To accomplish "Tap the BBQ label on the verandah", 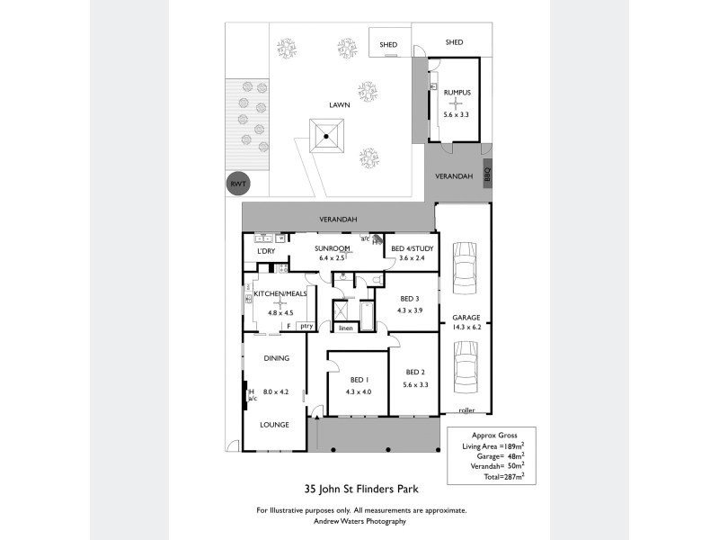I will point(488,175).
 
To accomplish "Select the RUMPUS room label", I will point(457,93).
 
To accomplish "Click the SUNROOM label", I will point(332,248).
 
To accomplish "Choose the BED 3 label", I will point(411,300).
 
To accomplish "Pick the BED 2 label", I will point(414,373).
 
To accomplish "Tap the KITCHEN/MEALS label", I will point(280,294).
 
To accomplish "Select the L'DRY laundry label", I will point(266,251).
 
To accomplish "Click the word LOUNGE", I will point(276,423).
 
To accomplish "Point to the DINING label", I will point(276,358).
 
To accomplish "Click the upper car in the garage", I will point(465,267).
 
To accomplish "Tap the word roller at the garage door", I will point(466,410).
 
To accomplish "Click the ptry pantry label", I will point(306,326).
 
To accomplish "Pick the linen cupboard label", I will point(345,328).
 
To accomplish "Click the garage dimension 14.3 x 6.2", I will point(466,328).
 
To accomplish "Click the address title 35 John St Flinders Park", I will point(361,490).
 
